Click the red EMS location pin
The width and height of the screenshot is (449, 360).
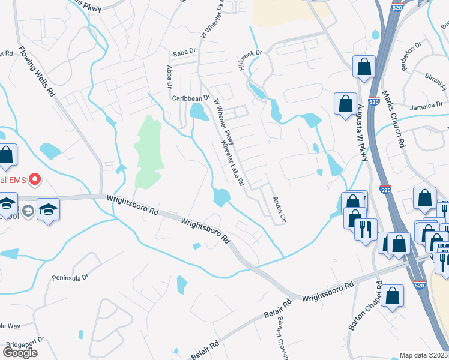(x=35, y=179)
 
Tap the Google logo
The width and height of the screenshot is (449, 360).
(x=20, y=352)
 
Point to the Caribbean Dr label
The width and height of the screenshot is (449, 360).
(x=190, y=97)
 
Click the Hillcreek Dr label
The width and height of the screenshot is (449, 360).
(x=252, y=61)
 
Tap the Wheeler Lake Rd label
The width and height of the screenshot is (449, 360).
(x=233, y=163)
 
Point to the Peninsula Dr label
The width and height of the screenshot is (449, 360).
(x=70, y=278)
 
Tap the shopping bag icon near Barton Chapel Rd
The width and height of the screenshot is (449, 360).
(x=392, y=296)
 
